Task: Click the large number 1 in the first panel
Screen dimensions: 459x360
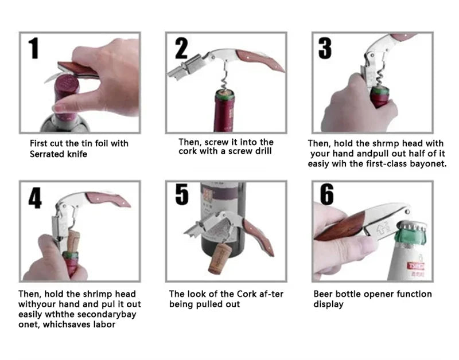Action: pos(34,48)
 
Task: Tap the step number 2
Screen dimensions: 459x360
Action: pos(181,49)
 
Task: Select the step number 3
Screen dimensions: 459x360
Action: pos(325,48)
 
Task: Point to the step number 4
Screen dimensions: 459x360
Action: pos(35,197)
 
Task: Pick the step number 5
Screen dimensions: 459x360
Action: pos(182,194)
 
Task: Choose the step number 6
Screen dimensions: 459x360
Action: pos(327,194)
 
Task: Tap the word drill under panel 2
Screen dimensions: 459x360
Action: pos(263,151)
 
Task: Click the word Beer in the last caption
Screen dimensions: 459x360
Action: pos(322,294)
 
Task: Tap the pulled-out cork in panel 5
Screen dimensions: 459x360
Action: pos(220,259)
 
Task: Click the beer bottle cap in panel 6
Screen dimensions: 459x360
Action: pos(412,227)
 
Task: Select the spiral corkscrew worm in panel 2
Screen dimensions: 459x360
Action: pos(225,77)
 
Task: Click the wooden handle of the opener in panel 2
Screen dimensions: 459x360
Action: pos(259,61)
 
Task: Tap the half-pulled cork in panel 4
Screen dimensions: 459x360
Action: pos(73,242)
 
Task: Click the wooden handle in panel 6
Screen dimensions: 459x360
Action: pos(340,226)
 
